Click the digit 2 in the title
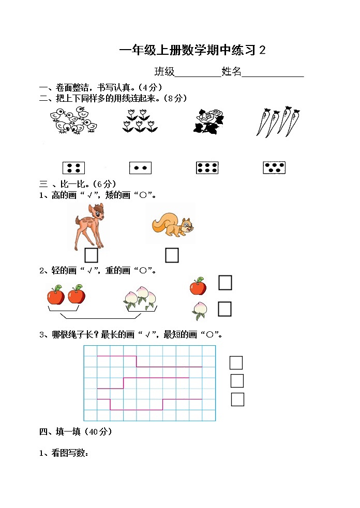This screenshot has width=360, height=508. (x=262, y=50)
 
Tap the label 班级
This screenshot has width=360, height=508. (x=164, y=72)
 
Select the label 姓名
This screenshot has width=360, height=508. (x=231, y=72)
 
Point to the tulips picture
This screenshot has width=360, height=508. (x=140, y=121)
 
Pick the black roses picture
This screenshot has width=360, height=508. (x=208, y=121)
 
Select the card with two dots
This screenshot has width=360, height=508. (x=140, y=168)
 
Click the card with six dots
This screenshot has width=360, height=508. (x=207, y=168)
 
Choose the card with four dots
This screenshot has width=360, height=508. (x=73, y=168)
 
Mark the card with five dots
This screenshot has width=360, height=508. (x=274, y=168)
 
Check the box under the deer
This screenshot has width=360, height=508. (x=91, y=255)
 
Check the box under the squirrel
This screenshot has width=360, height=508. (x=172, y=255)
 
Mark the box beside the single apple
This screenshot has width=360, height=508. (x=225, y=283)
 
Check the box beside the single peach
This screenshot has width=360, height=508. (x=225, y=309)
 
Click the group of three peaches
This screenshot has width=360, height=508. (x=140, y=297)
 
